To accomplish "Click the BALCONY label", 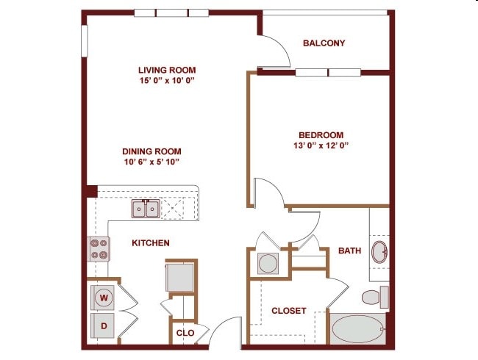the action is coord(324,43).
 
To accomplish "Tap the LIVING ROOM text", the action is coord(167,70).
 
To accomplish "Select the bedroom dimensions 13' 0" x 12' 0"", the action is coord(321,145).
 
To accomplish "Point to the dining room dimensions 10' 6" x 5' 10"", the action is coord(151,162).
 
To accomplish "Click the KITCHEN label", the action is coord(151,242).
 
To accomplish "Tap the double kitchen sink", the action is coord(146,209).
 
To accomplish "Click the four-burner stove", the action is coord(99,249).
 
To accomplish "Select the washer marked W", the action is coord(104,298).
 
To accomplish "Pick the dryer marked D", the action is coord(104,325).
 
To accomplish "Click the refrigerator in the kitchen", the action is coord(180,278).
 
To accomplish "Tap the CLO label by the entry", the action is coord(185,333).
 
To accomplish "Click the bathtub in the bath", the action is coord(357,329).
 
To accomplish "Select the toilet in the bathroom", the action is coord(375,297).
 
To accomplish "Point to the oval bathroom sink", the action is coord(379,252).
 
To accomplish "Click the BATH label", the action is coord(349,251).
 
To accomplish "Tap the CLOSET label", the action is coord(289,311).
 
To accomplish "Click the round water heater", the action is coord(268,263).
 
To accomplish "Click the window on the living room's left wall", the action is coord(85,41).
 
